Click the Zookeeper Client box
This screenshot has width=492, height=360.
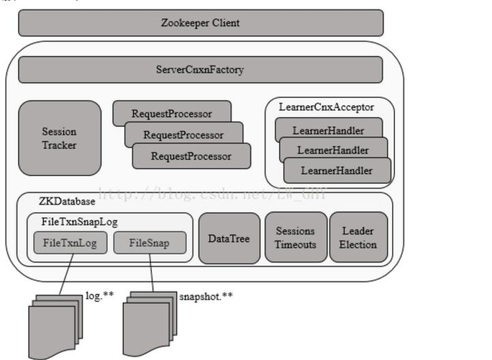coord(200,23)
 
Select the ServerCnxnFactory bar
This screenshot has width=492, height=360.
coord(200,70)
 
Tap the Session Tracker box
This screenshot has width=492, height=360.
coord(59,138)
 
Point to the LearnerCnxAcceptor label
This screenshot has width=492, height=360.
coord(326,107)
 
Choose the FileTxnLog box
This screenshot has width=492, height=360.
coord(69,243)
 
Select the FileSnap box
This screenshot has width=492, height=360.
coord(150,243)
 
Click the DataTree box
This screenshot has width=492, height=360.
coord(228,238)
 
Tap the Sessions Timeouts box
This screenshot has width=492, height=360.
coord(295,238)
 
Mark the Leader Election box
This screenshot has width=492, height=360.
coord(357,238)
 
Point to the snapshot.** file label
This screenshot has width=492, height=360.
coord(205,295)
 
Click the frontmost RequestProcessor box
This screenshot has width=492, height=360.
coord(191,156)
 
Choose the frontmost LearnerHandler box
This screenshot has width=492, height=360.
coord(337,171)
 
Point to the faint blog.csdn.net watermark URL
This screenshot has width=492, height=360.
coord(212,194)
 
